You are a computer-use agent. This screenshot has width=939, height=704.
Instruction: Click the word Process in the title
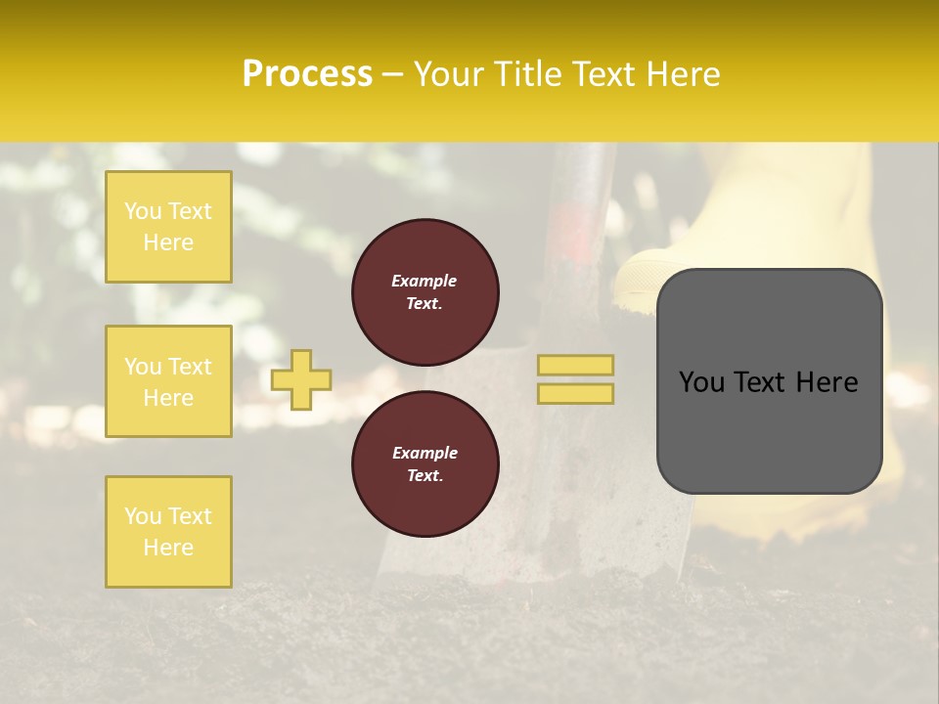click(307, 74)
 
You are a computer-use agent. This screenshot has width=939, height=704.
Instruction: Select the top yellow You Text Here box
click(168, 227)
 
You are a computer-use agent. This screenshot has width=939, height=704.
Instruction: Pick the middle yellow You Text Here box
click(168, 381)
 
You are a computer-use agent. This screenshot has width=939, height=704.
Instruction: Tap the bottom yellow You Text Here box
click(168, 532)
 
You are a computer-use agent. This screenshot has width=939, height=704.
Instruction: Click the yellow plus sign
click(301, 379)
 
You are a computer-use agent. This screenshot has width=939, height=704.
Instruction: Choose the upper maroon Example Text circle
click(425, 292)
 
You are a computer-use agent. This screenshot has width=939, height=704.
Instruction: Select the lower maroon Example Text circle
click(425, 464)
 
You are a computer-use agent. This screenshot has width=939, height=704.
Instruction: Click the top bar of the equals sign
click(576, 365)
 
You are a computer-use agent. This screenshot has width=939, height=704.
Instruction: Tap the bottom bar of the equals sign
click(576, 393)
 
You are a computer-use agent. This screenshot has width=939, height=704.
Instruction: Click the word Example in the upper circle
click(425, 281)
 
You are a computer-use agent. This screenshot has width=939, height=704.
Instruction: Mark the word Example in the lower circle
click(425, 453)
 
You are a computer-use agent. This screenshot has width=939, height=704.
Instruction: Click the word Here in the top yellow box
click(168, 242)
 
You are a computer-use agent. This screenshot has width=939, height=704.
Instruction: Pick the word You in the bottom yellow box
click(143, 516)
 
